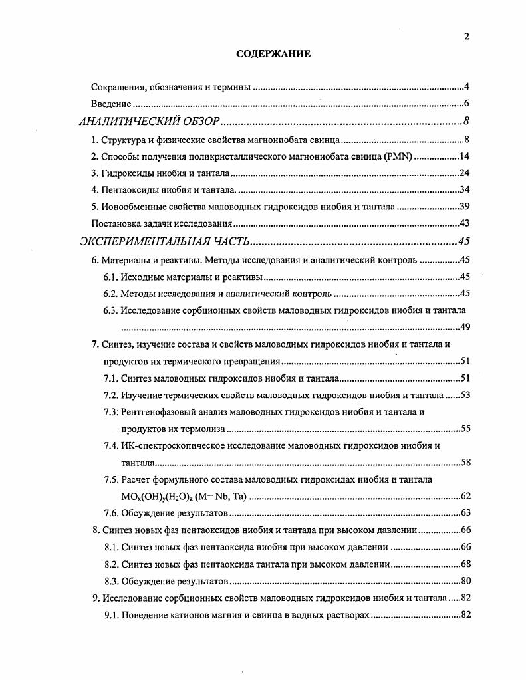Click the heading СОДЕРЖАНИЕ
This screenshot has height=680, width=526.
[x=273, y=54]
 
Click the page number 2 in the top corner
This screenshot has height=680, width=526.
[x=466, y=37]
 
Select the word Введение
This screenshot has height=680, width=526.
[x=110, y=104]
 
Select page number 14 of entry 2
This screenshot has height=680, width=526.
[x=465, y=157]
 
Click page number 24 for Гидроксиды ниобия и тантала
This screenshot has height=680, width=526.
[x=465, y=173]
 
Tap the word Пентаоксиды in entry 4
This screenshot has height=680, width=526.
[x=130, y=190]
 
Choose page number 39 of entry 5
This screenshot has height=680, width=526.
[x=465, y=207]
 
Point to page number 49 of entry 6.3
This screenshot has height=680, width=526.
[x=465, y=327]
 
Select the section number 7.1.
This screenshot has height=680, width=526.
[x=110, y=379]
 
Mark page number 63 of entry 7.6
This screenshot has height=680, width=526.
[x=465, y=513]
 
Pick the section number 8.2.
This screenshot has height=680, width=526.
[x=110, y=564]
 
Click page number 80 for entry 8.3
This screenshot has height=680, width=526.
[x=465, y=581]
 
